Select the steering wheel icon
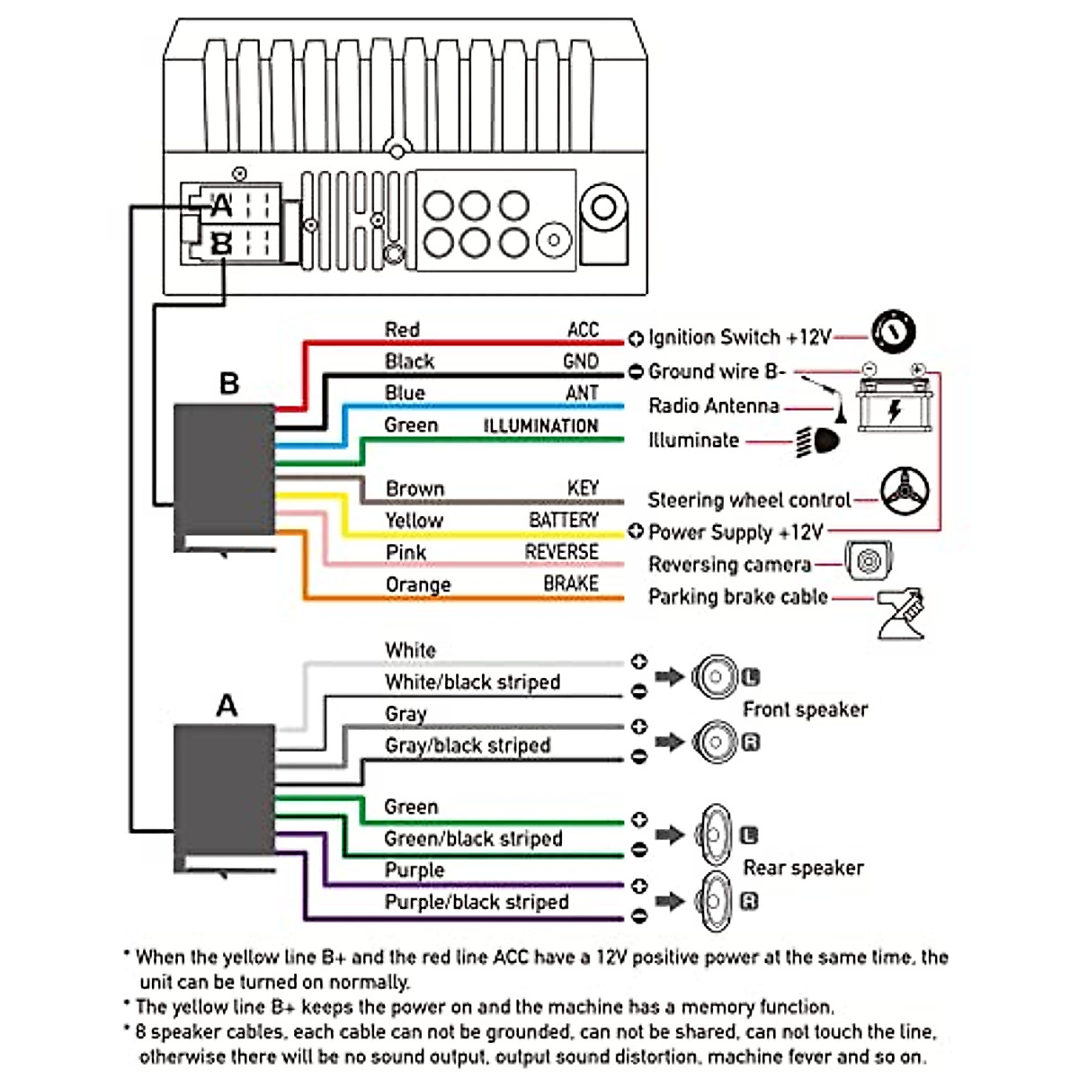click(904, 491)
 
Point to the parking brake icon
click(901, 613)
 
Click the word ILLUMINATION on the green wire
click(540, 426)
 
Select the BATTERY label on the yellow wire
click(564, 521)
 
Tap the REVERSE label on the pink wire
click(562, 552)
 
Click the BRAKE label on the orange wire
click(571, 584)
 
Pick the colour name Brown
click(415, 488)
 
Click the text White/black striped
click(472, 682)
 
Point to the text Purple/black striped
click(477, 902)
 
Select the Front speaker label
click(805, 709)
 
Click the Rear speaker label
click(803, 868)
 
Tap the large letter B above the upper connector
click(229, 384)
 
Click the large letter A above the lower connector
click(227, 706)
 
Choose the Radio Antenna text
click(714, 406)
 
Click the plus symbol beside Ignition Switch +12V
click(636, 339)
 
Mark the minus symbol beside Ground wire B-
click(636, 371)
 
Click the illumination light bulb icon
click(820, 441)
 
